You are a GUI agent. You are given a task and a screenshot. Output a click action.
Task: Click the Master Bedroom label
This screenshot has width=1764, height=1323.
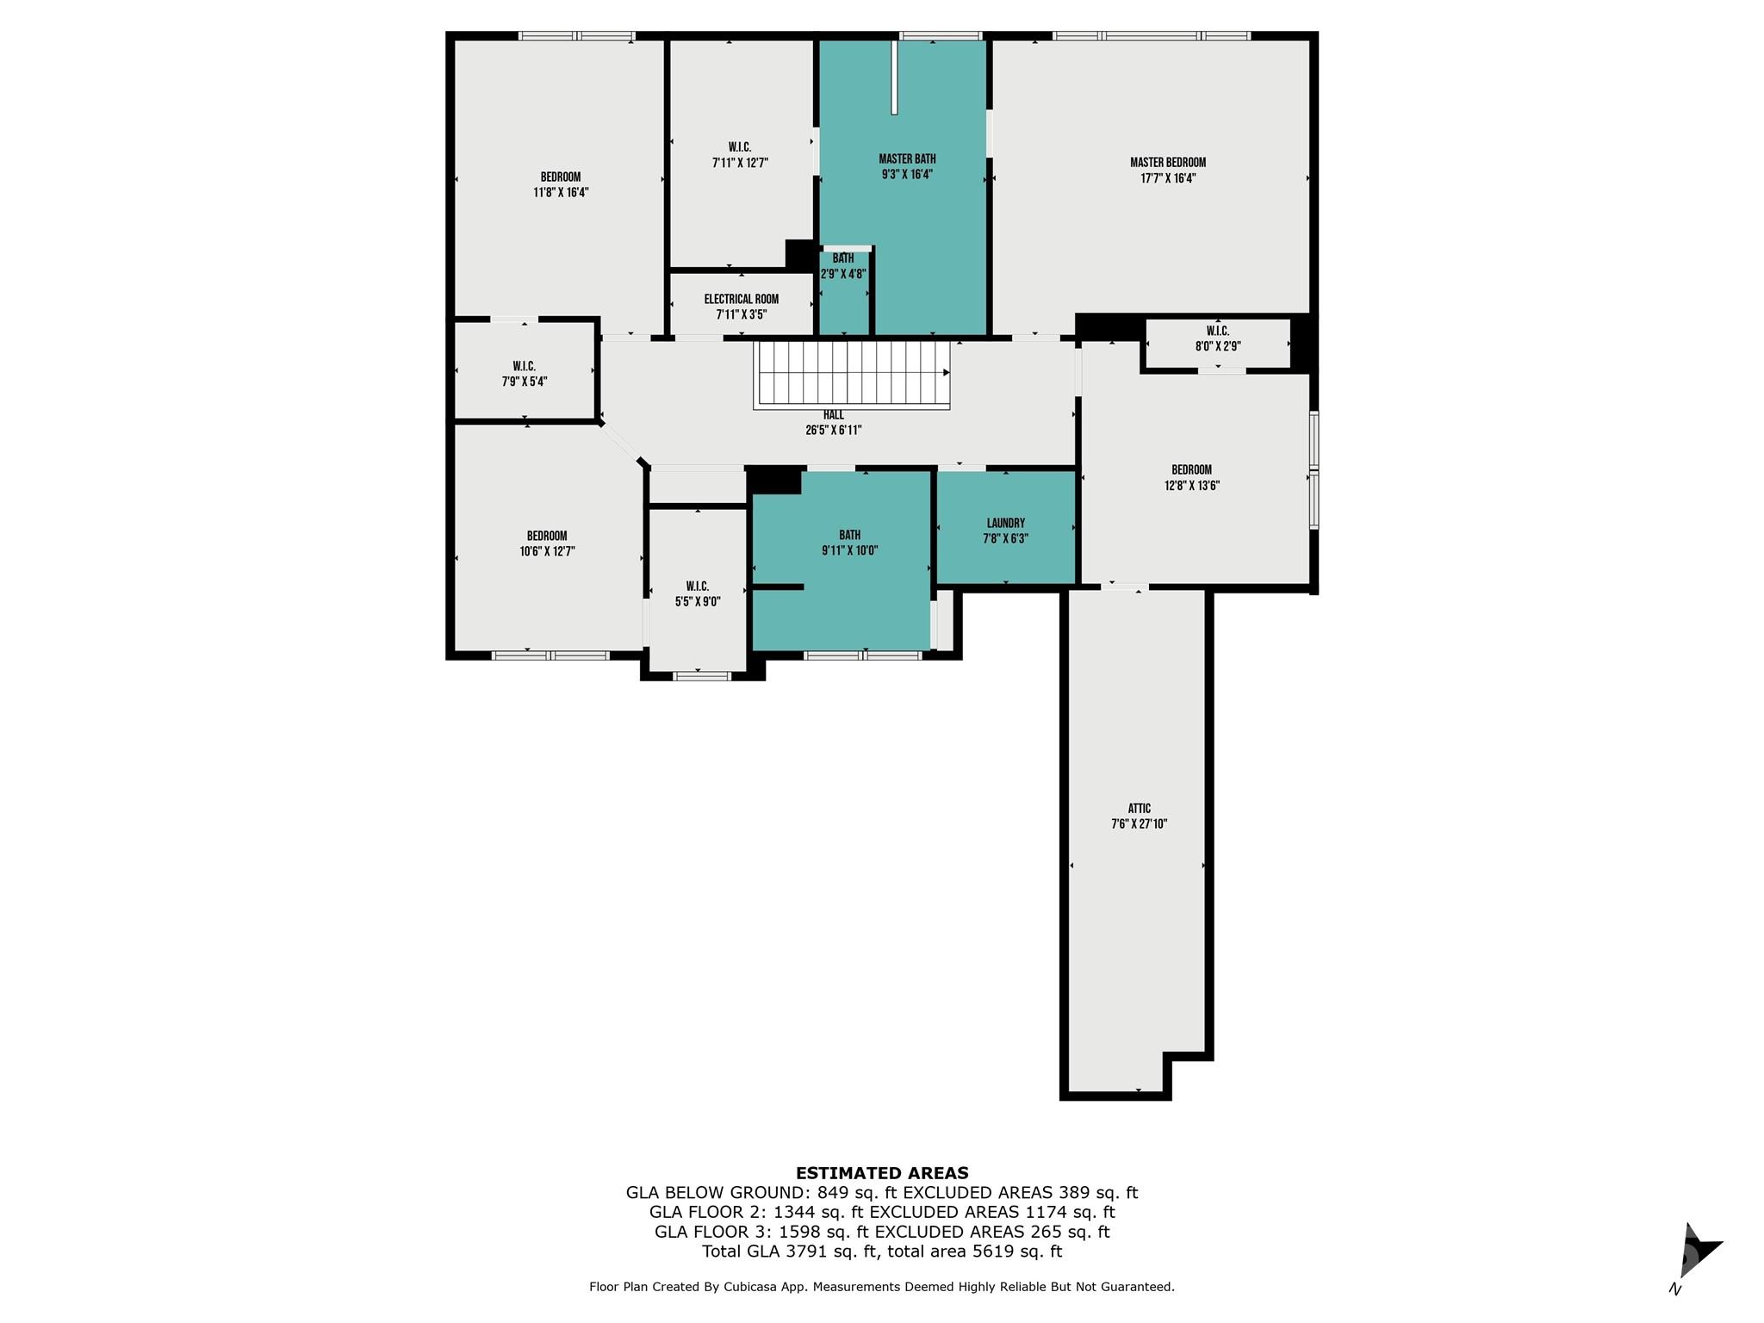1167,163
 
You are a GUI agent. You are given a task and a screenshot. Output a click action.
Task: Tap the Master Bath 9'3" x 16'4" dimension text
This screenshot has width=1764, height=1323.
907,174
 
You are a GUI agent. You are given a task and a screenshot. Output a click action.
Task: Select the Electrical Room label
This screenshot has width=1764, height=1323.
741,300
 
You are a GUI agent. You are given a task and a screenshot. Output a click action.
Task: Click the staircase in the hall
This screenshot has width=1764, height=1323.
852,375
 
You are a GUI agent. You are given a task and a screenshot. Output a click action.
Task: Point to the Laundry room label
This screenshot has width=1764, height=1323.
1005,523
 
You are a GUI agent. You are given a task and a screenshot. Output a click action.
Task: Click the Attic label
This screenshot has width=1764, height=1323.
1139,809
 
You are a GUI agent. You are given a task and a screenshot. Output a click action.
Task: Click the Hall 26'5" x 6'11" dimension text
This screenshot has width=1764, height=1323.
833,430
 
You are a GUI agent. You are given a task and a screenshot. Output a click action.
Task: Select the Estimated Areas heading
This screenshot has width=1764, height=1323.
881,1172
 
